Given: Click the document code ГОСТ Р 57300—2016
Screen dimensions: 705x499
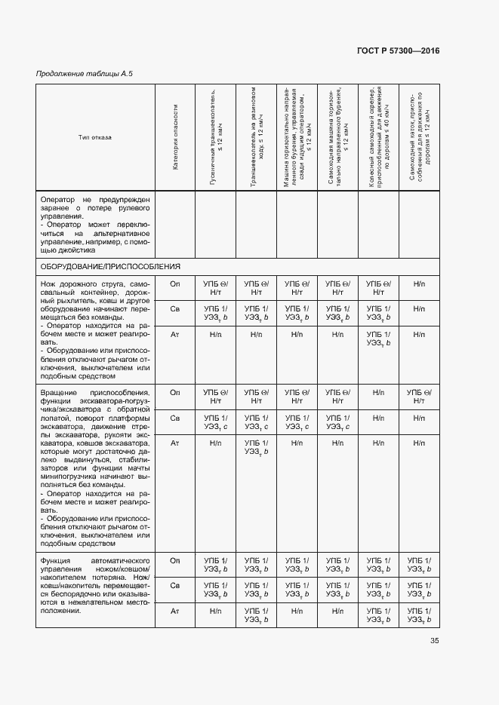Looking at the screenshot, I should pyautogui.click(x=397, y=51).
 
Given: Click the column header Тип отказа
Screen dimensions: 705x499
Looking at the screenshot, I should pyautogui.click(x=94, y=136).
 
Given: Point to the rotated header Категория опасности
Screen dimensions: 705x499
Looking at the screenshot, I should pyautogui.click(x=175, y=136).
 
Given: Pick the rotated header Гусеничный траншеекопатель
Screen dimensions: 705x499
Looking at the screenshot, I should pyautogui.click(x=216, y=136).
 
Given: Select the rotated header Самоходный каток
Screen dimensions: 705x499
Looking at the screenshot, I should pyautogui.click(x=418, y=136).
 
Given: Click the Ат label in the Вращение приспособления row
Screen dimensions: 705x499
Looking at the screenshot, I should pyautogui.click(x=175, y=443).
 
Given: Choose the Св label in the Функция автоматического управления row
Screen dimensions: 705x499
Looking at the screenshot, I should pyautogui.click(x=175, y=586).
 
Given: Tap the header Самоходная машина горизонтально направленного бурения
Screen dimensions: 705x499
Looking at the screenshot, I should pyautogui.click(x=337, y=136).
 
